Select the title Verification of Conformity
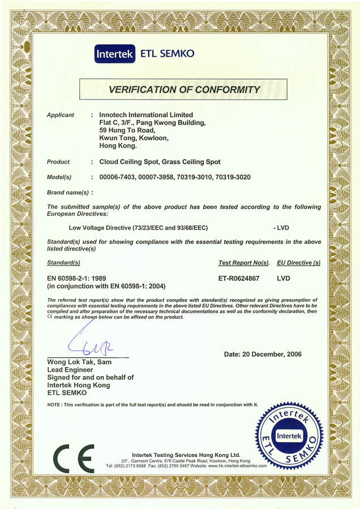tap(184, 89)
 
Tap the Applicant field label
tap(61, 115)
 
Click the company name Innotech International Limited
tap(146, 115)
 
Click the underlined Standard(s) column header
tap(64, 263)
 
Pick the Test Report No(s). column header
tap(244, 263)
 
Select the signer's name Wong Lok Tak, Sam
tap(80, 362)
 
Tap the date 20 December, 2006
tap(263, 354)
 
